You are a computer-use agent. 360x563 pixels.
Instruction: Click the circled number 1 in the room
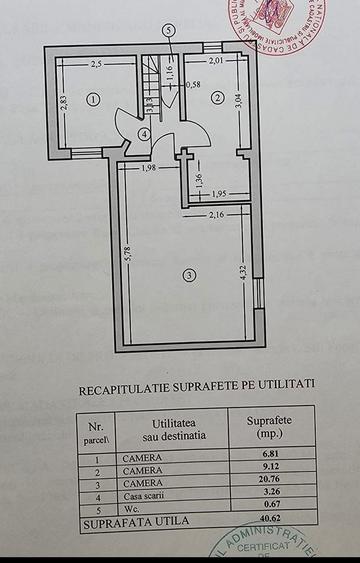tap(91, 99)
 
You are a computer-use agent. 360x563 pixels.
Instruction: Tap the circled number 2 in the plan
tap(216, 97)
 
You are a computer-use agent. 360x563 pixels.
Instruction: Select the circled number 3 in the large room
tap(188, 274)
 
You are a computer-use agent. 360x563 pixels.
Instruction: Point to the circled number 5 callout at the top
tap(169, 29)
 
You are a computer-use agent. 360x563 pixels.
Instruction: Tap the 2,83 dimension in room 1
tap(63, 105)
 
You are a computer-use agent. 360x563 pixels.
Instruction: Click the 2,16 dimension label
tap(218, 215)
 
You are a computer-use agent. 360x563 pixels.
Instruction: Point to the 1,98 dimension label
tap(150, 167)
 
